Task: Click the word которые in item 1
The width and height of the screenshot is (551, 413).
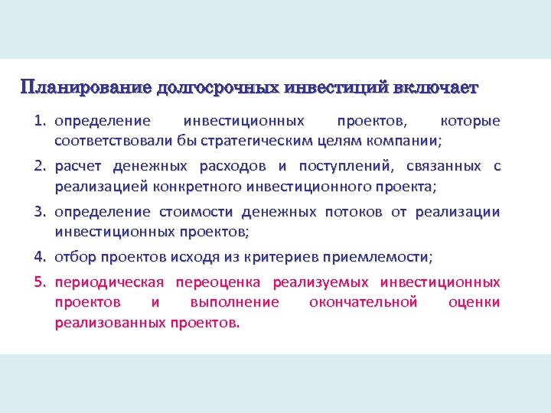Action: tap(471, 122)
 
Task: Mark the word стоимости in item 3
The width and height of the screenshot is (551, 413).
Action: tap(197, 212)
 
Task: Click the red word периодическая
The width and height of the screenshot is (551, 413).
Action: tap(109, 282)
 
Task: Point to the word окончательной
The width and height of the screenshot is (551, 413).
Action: tap(363, 302)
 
